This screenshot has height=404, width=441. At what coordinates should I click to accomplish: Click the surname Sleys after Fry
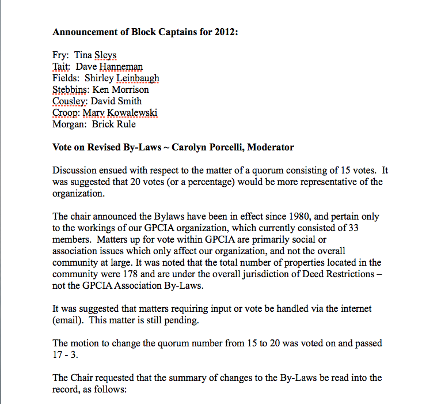pos(105,56)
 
